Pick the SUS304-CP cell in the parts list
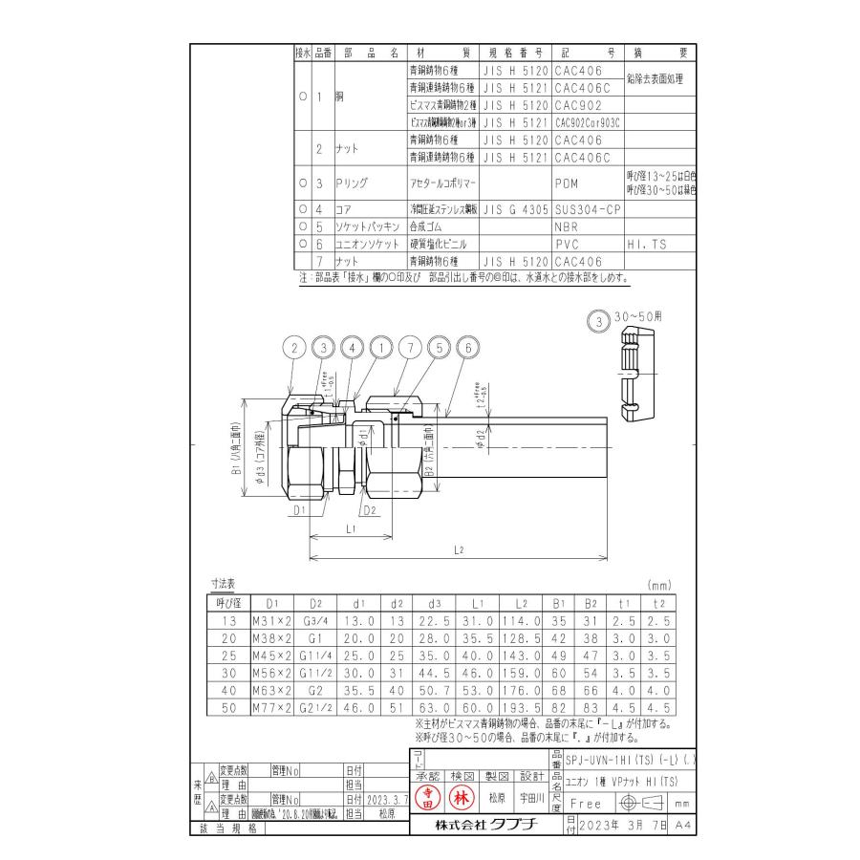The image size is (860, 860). click(586, 208)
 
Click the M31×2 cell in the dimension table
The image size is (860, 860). click(270, 620)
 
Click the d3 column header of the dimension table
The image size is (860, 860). click(435, 604)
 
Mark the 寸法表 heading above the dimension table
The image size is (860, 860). click(224, 584)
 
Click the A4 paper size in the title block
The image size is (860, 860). click(680, 824)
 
